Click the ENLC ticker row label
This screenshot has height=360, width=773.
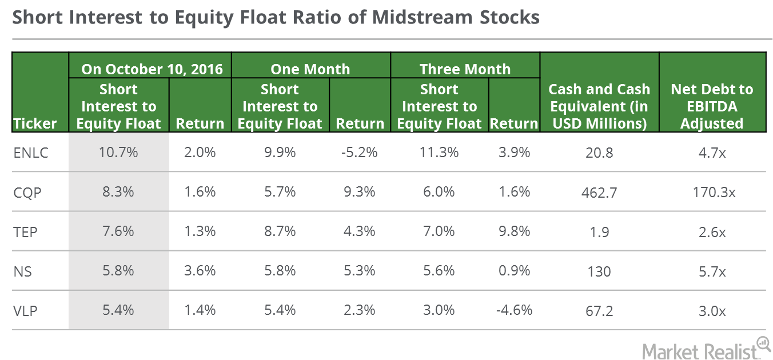click(x=31, y=153)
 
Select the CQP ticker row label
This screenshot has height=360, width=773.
click(x=27, y=193)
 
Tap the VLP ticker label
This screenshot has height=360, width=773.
click(x=25, y=311)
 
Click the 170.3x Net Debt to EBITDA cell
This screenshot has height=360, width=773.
click(x=714, y=193)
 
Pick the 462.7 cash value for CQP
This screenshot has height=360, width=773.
click(x=599, y=193)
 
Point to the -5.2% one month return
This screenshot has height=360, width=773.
click(x=359, y=153)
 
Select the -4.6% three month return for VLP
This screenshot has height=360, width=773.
click(x=514, y=310)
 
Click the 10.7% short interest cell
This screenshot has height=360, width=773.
click(x=118, y=153)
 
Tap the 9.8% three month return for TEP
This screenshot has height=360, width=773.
click(x=514, y=231)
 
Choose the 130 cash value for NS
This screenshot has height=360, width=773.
click(x=599, y=272)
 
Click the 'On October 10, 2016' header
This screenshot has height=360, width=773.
click(x=152, y=69)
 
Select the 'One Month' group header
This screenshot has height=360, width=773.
click(x=310, y=69)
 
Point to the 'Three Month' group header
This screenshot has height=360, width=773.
click(x=465, y=69)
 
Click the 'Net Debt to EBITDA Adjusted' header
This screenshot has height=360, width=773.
click(x=712, y=106)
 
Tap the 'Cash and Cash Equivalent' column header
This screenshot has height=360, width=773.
click(x=599, y=106)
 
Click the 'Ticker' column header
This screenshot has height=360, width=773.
click(x=35, y=123)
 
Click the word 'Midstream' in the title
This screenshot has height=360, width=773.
click(x=422, y=17)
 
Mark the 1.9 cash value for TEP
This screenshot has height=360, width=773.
click(x=599, y=232)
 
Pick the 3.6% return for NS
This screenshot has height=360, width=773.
click(x=200, y=271)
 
